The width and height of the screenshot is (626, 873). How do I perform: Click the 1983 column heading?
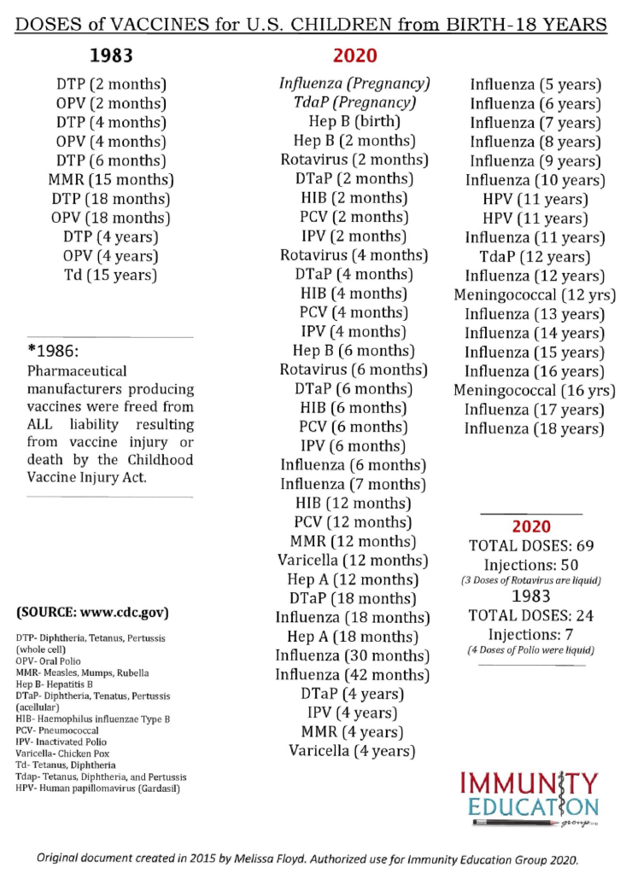(111, 56)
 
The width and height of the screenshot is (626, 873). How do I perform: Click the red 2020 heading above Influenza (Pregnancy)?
(354, 56)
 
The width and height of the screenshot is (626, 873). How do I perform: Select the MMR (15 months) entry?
(111, 180)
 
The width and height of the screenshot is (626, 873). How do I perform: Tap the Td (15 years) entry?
(111, 275)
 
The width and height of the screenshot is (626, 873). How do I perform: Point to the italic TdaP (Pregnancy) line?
(354, 102)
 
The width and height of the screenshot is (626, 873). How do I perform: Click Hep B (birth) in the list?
(354, 121)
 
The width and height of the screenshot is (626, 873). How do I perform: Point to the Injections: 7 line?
(532, 634)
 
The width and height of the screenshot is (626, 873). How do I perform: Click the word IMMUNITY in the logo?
(529, 783)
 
